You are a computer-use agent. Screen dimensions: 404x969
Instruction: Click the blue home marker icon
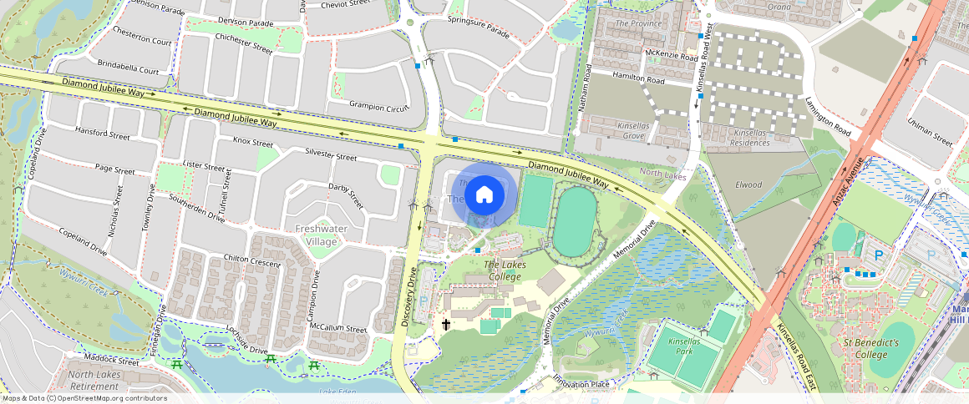(x=484, y=196)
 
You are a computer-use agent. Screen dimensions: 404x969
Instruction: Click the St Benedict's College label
(x=870, y=349)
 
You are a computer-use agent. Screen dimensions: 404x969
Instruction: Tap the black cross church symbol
(x=446, y=324)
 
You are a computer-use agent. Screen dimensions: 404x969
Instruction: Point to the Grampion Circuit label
(x=379, y=108)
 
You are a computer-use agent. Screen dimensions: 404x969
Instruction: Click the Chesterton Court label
(x=142, y=41)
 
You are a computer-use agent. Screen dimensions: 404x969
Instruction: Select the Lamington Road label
(x=828, y=117)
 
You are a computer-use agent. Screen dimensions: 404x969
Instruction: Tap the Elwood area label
(x=748, y=184)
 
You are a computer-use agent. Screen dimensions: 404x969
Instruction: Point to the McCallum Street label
(x=338, y=329)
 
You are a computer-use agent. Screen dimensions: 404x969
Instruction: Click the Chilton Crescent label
(x=251, y=260)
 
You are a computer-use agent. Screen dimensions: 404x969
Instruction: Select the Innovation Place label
(x=582, y=382)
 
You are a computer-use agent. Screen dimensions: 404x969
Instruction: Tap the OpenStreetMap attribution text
(x=84, y=398)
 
